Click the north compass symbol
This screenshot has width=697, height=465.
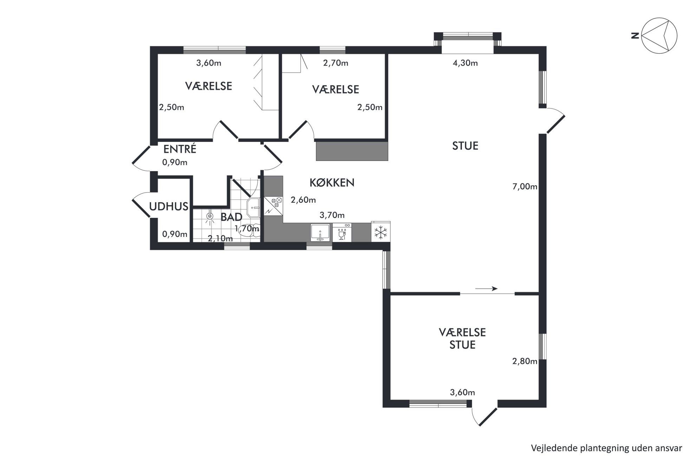coord(659,35)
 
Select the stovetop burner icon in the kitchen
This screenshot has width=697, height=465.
coord(273,206)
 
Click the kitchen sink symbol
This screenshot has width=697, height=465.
coord(320,232)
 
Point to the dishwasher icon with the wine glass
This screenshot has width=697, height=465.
coord(342,232)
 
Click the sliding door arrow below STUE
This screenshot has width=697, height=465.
coord(486,289)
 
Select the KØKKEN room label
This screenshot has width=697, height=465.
coord(332,183)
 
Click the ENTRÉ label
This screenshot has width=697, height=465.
coord(180,149)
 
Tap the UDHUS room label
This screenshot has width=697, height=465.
coord(169,206)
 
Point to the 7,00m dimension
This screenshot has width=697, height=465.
coord(525,187)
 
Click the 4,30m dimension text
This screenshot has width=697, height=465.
coord(465,63)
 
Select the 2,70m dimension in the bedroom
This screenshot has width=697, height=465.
coord(336,63)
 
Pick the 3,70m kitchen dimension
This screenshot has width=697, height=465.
coord(332,215)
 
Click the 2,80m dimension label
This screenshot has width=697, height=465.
coord(525,361)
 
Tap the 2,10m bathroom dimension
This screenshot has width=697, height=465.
coord(220,239)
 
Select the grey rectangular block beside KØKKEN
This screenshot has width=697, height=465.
coord(352,151)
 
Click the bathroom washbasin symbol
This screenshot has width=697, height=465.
coord(253,207)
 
